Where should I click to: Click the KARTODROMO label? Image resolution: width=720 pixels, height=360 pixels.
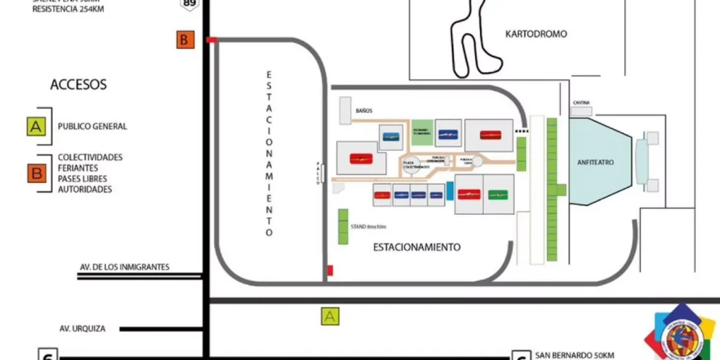[x=536, y=34]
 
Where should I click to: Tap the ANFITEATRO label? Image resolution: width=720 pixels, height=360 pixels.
[x=595, y=162]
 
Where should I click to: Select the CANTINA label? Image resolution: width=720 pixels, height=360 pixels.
[x=582, y=103]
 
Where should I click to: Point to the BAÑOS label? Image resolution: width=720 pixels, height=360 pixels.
[x=364, y=111]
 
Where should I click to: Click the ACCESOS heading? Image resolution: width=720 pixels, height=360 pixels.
[x=78, y=85]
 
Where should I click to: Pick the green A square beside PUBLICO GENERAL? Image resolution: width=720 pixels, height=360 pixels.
[x=36, y=126]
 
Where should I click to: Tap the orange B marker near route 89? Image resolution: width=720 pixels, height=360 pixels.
[x=184, y=40]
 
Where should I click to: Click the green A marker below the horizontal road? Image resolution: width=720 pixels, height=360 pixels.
[x=330, y=316]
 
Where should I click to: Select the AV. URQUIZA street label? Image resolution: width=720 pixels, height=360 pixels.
[x=82, y=328]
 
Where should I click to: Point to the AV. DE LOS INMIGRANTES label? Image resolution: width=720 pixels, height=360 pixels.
[x=124, y=267]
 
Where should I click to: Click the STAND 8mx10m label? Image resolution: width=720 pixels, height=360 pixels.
[x=368, y=226]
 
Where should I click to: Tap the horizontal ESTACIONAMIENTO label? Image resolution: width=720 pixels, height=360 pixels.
[x=416, y=247]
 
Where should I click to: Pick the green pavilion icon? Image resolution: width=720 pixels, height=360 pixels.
[x=498, y=195]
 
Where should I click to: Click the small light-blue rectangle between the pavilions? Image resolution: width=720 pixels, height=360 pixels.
[x=450, y=191]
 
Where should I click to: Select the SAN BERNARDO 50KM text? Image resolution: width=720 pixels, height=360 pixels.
[x=574, y=355]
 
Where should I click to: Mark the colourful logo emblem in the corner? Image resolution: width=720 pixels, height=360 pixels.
[x=681, y=335]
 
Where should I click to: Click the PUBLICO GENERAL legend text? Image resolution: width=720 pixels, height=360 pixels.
[x=92, y=126]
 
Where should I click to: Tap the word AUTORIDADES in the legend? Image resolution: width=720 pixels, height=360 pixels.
[x=85, y=189]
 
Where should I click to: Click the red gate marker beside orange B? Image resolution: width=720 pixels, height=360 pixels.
[x=212, y=40]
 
